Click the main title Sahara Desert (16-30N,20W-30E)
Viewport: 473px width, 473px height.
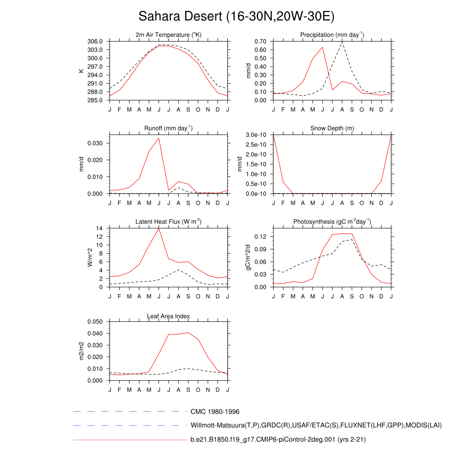point(236,17)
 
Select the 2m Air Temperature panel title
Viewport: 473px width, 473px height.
point(169,35)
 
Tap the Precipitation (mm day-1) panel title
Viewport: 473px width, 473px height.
point(332,35)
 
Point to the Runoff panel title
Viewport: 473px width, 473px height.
point(169,128)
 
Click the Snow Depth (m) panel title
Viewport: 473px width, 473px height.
point(332,128)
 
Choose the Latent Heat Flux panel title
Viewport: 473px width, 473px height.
point(169,222)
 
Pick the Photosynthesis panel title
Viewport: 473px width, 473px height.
point(332,222)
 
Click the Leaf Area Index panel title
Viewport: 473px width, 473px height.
point(169,316)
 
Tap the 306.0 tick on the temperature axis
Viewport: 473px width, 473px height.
point(96,42)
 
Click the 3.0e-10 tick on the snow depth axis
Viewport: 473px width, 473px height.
point(255,135)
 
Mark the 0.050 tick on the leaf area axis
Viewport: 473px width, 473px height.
point(96,321)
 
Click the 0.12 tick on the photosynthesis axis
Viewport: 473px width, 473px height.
point(261,236)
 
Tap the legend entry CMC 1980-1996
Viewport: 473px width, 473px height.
point(215,412)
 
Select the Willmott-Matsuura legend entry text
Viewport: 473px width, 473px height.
point(316,425)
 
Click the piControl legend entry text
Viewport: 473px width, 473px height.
point(278,440)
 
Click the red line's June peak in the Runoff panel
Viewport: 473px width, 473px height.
point(159,138)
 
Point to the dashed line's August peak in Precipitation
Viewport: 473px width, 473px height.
point(342,42)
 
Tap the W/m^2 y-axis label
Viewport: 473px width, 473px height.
point(91,257)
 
